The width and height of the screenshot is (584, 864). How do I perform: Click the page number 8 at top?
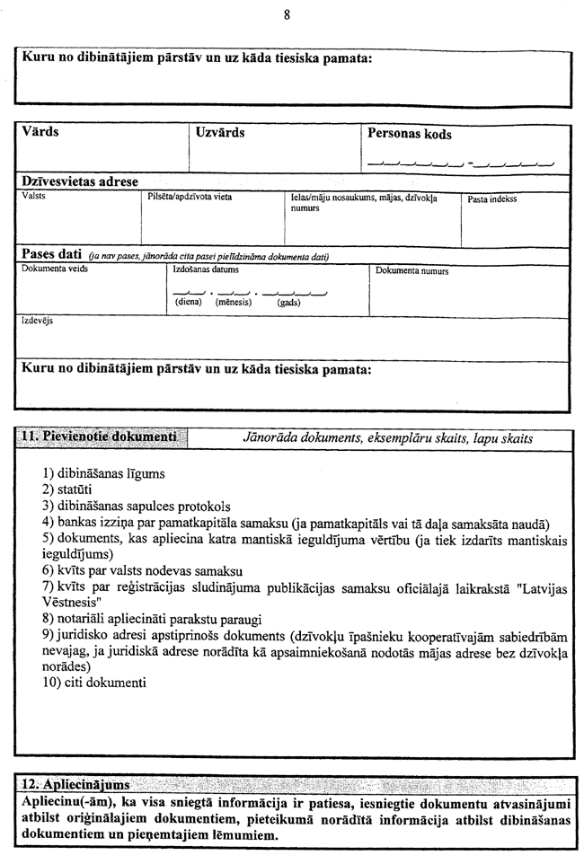click(x=286, y=15)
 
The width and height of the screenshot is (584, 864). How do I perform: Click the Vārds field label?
click(x=40, y=132)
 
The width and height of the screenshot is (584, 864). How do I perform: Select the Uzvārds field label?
click(x=220, y=132)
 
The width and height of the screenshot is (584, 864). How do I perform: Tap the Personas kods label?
click(x=410, y=134)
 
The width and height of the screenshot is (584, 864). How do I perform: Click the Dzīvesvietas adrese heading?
click(x=80, y=181)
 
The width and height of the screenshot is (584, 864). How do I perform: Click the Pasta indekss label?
click(x=492, y=198)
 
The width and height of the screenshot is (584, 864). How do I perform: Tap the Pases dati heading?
click(x=53, y=255)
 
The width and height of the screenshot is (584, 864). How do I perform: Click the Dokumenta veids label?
click(x=55, y=269)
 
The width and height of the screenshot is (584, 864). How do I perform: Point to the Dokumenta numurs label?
click(x=412, y=270)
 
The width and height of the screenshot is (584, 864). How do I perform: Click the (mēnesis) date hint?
click(x=234, y=303)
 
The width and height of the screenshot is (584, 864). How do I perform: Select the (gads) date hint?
click(x=288, y=303)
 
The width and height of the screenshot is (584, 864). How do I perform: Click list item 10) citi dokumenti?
click(x=93, y=683)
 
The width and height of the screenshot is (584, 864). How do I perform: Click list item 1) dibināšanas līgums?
click(x=103, y=473)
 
